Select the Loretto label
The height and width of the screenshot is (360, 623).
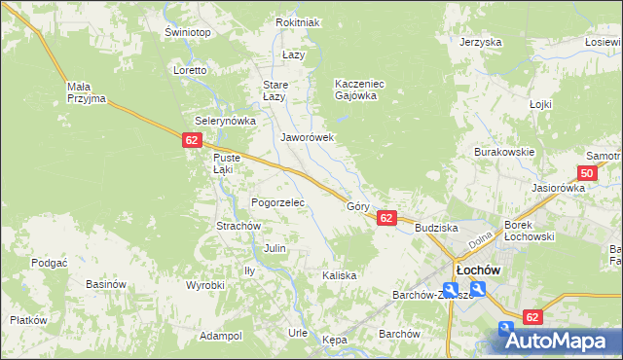tap(190, 71)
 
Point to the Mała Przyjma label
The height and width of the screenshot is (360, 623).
tap(86, 92)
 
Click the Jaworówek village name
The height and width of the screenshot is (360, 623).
tap(308, 138)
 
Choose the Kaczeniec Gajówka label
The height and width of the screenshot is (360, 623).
tap(360, 90)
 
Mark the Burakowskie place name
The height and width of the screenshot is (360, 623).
tap(504, 153)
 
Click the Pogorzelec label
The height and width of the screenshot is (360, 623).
tap(278, 203)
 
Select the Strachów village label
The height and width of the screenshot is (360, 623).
tap(238, 226)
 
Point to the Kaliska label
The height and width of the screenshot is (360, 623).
tap(340, 275)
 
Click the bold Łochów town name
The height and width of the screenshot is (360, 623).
tap(478, 270)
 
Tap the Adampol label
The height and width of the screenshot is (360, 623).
tap(220, 336)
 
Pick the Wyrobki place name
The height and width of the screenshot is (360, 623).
tap(205, 285)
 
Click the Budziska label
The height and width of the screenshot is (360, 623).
tap(435, 227)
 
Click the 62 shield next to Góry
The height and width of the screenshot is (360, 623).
tap(386, 219)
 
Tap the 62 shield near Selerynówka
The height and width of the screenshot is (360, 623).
tap(191, 142)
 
